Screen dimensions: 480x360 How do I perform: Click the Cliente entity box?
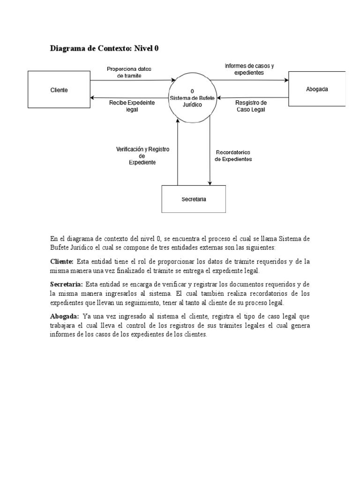59,90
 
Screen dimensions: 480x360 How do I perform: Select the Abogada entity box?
316,89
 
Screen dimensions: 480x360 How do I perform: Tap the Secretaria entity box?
194,199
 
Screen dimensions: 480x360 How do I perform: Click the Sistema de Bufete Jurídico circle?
193,98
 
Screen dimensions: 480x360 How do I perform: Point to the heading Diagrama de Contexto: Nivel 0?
107,48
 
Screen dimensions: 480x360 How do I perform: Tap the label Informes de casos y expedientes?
249,69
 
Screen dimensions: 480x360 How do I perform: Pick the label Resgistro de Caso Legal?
251,105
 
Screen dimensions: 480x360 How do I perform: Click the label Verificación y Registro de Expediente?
142,155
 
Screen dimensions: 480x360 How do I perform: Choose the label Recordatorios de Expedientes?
233,156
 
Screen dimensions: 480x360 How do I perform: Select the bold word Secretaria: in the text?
67,285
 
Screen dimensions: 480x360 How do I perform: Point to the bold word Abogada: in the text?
65,316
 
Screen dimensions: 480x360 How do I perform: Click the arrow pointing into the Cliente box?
131,97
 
